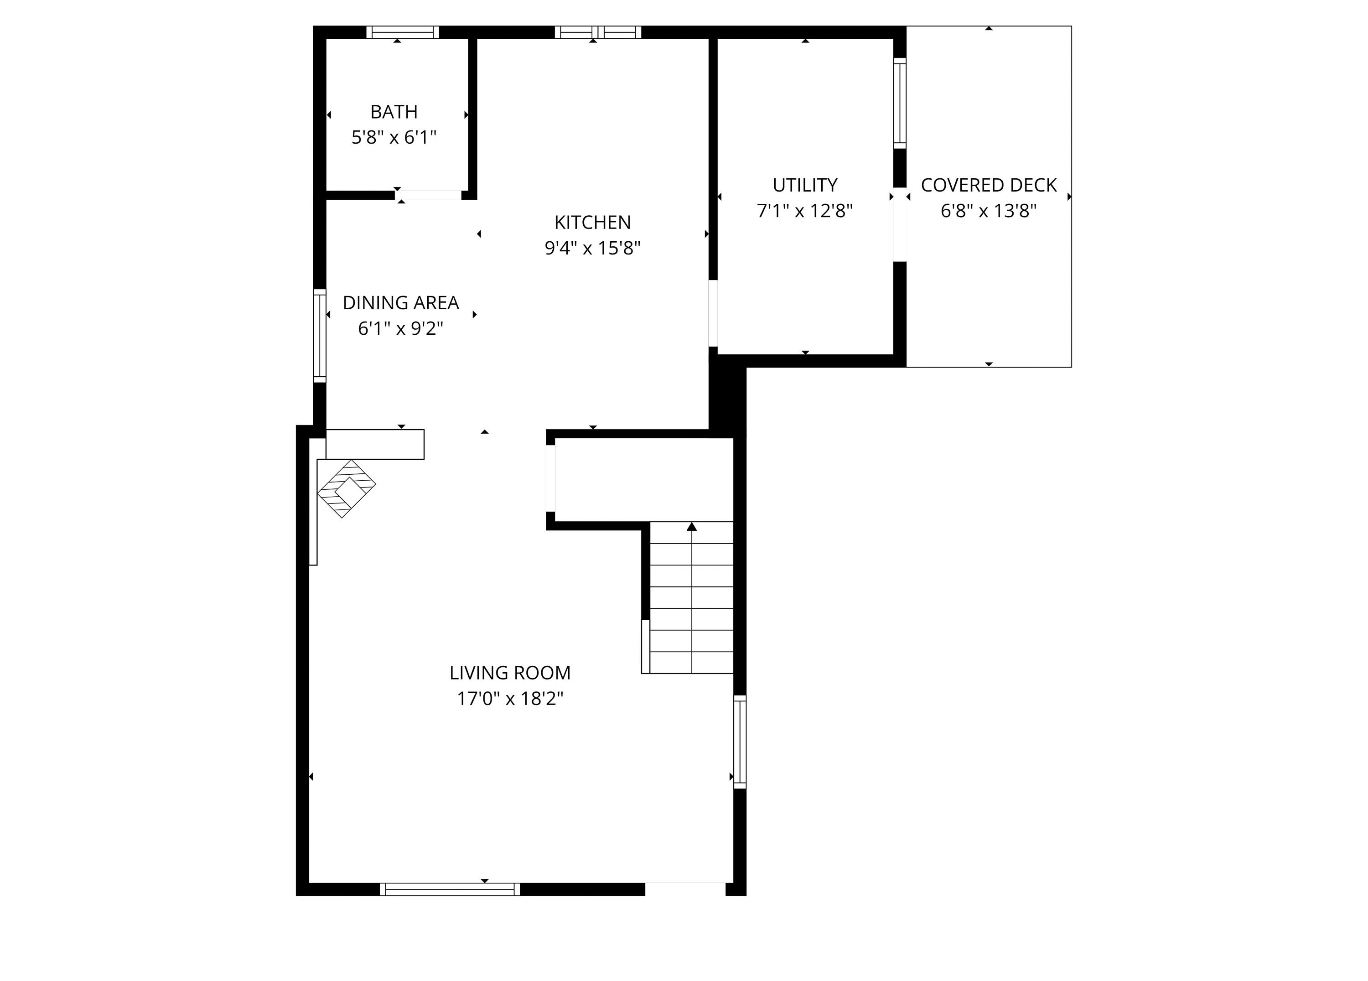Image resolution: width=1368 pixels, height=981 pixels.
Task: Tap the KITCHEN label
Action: tap(592, 222)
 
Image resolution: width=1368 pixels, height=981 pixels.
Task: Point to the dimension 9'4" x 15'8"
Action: tap(592, 248)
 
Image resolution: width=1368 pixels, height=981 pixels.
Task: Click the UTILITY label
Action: tap(805, 185)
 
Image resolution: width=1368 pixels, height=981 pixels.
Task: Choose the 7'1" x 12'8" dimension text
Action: tap(805, 211)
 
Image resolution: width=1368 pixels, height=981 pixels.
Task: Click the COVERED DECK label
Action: tap(988, 185)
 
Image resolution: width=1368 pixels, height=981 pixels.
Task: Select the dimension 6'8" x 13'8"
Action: tap(988, 211)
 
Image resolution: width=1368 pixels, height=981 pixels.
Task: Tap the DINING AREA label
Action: tap(400, 302)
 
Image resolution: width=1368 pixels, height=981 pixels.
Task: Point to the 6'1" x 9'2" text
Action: tap(400, 328)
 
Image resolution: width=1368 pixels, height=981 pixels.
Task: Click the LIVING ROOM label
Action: tap(510, 672)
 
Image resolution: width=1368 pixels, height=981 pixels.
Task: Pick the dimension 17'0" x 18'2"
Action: tap(510, 699)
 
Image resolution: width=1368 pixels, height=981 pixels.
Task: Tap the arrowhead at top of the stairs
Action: tap(691, 527)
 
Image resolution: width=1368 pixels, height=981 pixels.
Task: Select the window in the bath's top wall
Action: tap(402, 32)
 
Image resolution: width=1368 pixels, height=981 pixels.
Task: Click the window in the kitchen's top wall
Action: tap(598, 32)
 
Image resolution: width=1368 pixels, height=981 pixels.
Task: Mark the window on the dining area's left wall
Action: tap(319, 336)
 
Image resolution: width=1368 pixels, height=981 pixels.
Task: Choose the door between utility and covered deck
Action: tap(899, 224)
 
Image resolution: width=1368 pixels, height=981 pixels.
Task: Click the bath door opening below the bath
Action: tap(428, 195)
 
